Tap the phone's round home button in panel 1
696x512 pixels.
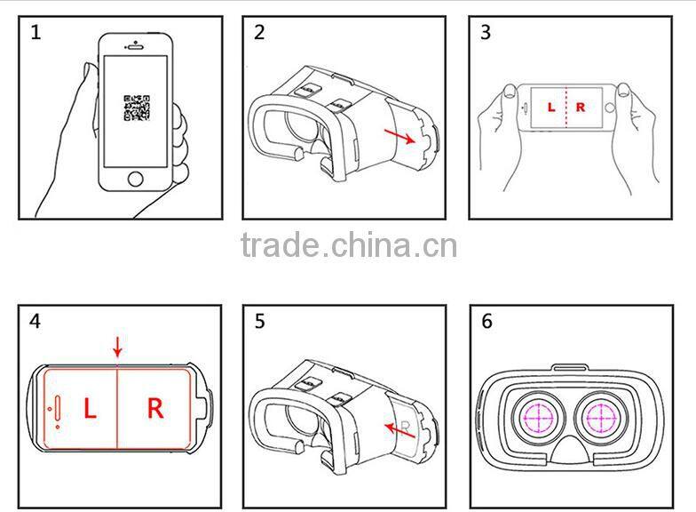tap(135, 179)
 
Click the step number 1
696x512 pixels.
tap(36, 34)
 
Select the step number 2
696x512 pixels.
tap(259, 34)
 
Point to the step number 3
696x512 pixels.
tap(485, 34)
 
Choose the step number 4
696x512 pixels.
tap(36, 321)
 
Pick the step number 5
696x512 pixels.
tap(259, 321)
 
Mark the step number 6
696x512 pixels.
tap(486, 321)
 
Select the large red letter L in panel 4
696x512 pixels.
tap(90, 409)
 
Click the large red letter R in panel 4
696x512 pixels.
tap(154, 409)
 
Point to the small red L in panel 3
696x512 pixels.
tap(550, 108)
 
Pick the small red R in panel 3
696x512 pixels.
tap(581, 108)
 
